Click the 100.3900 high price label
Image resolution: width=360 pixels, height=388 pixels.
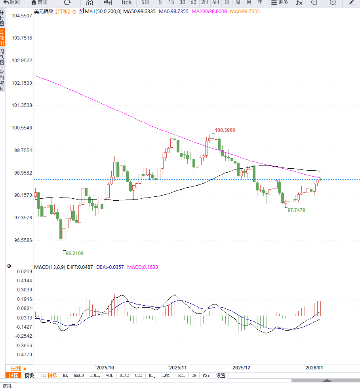point(225,130)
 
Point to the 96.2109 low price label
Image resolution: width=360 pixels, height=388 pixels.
point(74,253)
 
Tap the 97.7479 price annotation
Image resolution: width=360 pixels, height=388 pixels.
point(296,210)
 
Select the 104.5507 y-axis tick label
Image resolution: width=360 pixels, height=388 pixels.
point(21,16)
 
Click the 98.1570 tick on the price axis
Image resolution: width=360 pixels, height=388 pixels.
point(21,195)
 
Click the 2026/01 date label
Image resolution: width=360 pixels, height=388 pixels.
point(314,367)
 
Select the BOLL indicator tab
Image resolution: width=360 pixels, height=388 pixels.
point(95,375)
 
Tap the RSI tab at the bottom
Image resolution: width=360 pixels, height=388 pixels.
point(181,375)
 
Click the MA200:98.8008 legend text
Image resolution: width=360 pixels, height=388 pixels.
point(209,11)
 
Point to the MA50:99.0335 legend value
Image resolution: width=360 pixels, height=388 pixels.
point(139,11)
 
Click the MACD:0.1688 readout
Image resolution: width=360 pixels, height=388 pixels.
point(142,267)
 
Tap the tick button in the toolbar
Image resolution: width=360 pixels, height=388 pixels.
point(126,2)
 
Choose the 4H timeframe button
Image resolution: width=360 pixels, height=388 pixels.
point(215,2)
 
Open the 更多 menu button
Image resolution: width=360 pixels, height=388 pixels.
point(280,2)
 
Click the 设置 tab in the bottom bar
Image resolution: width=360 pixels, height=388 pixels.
point(221,375)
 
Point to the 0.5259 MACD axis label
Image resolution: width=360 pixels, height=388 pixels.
point(25,272)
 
